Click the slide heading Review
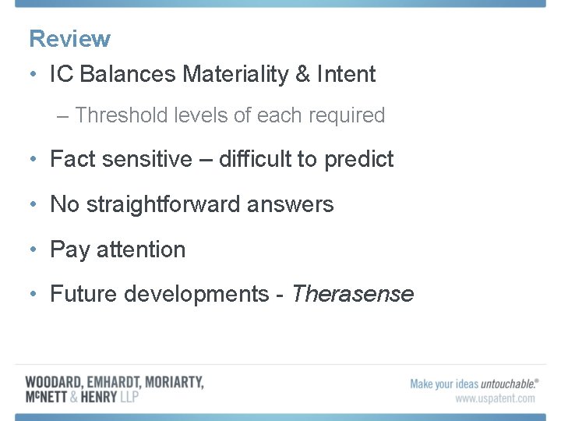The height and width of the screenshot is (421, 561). point(69,38)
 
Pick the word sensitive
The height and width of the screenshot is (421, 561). point(150,159)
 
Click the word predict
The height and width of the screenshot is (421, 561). point(358,159)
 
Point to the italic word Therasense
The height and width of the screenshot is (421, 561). point(351,294)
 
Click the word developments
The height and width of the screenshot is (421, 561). point(196,294)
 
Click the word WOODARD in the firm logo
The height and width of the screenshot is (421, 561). point(53,383)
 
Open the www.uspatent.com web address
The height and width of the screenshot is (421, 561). point(495,398)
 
